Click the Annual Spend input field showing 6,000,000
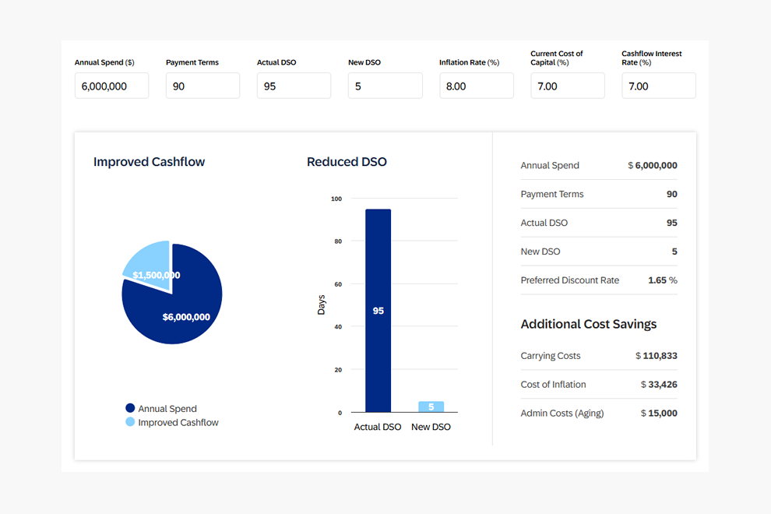coord(111,86)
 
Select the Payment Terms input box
coord(202,86)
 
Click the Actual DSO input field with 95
coord(294,86)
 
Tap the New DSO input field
coord(385,86)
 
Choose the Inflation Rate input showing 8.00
coord(476,86)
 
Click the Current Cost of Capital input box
coord(567,86)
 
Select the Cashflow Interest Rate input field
coord(658,86)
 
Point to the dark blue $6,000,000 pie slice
coord(183,312)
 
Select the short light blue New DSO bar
coord(431,407)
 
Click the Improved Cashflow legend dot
coord(130,422)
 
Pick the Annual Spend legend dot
coord(130,408)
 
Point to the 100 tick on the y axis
coord(336,199)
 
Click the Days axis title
coord(322,305)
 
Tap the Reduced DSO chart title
coord(347,162)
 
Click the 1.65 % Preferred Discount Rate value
coord(662,280)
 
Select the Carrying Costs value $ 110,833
coord(656,356)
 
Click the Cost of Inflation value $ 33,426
coord(658,385)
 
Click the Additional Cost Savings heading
coord(588,324)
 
